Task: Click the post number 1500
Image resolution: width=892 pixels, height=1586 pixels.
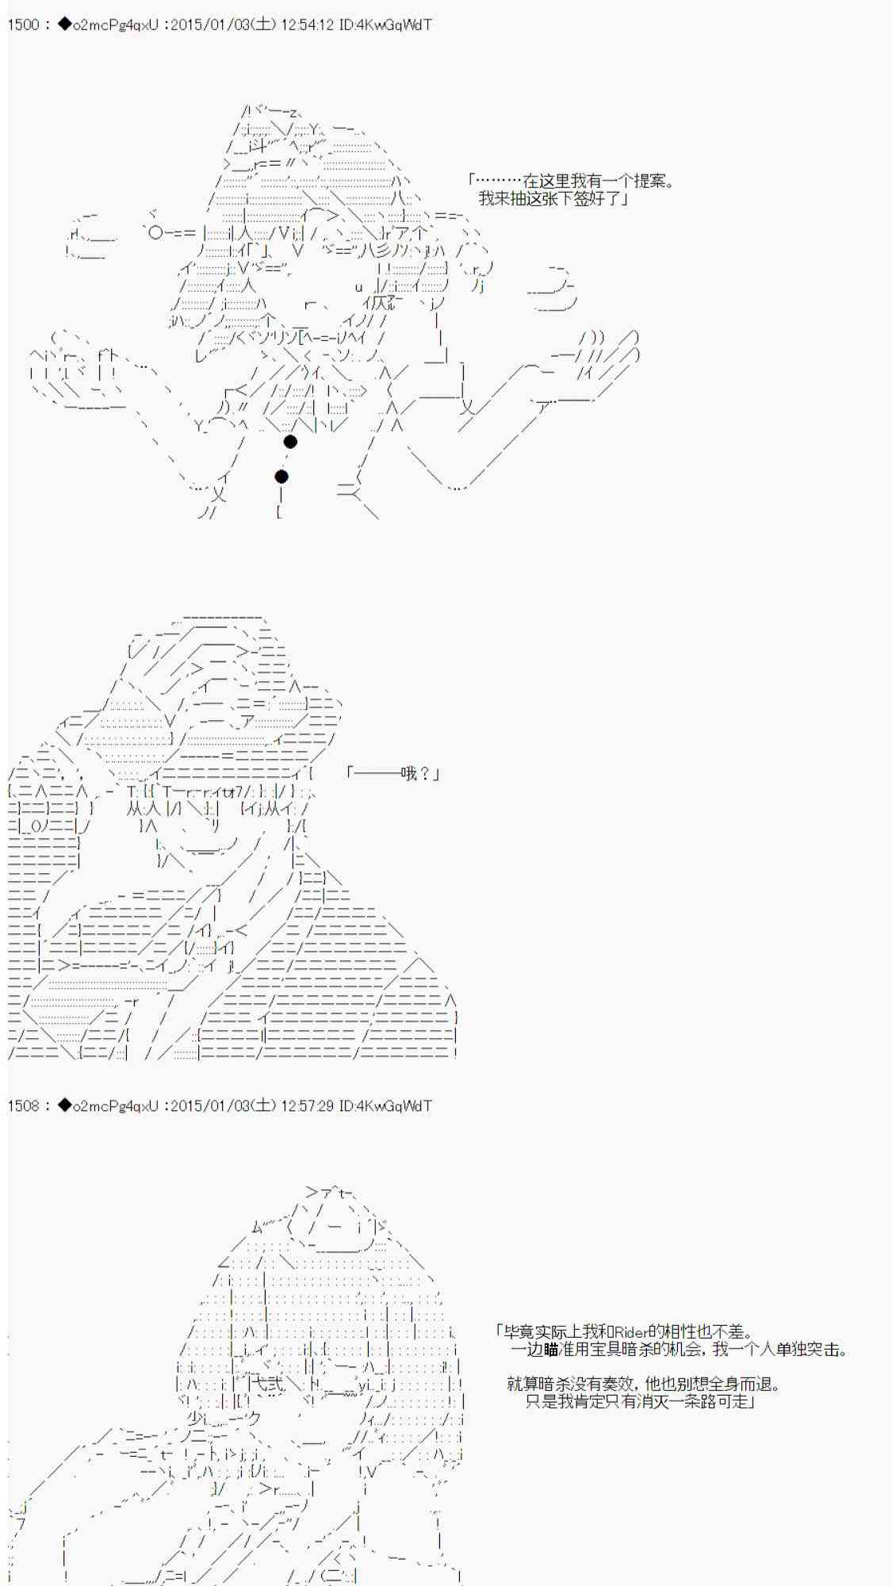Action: [23, 25]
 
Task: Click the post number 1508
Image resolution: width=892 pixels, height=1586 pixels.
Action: [23, 1105]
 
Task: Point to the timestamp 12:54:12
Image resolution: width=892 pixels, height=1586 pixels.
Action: [307, 25]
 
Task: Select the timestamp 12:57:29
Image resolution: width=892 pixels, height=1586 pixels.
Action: [307, 1105]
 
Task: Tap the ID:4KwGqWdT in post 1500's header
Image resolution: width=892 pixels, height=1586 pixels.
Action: [385, 25]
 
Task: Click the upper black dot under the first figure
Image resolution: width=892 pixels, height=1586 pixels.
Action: [290, 442]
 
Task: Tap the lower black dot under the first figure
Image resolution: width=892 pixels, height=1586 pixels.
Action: [281, 477]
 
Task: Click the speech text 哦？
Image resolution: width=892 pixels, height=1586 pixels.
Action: [417, 773]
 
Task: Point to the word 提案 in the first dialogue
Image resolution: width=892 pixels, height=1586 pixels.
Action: [650, 182]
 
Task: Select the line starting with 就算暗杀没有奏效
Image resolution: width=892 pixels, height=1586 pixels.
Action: [644, 1385]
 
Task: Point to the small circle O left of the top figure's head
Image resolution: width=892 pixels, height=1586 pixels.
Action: [156, 232]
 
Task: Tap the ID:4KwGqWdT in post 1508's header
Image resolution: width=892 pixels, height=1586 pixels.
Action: [385, 1105]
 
